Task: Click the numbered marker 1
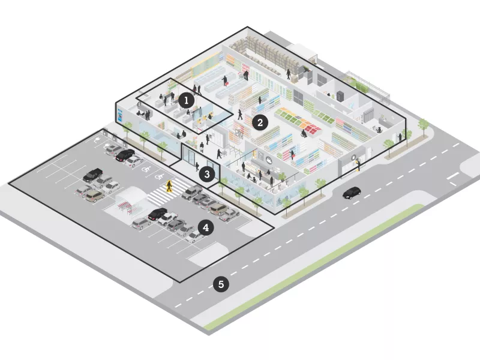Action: click(x=186, y=100)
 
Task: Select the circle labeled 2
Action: click(x=259, y=122)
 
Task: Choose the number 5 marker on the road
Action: click(x=221, y=284)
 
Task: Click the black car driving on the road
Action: click(x=351, y=193)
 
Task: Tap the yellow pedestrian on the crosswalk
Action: click(x=169, y=186)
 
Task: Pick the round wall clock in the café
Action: click(x=267, y=160)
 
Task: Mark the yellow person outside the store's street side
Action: click(x=358, y=165)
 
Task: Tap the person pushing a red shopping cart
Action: click(x=225, y=80)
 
